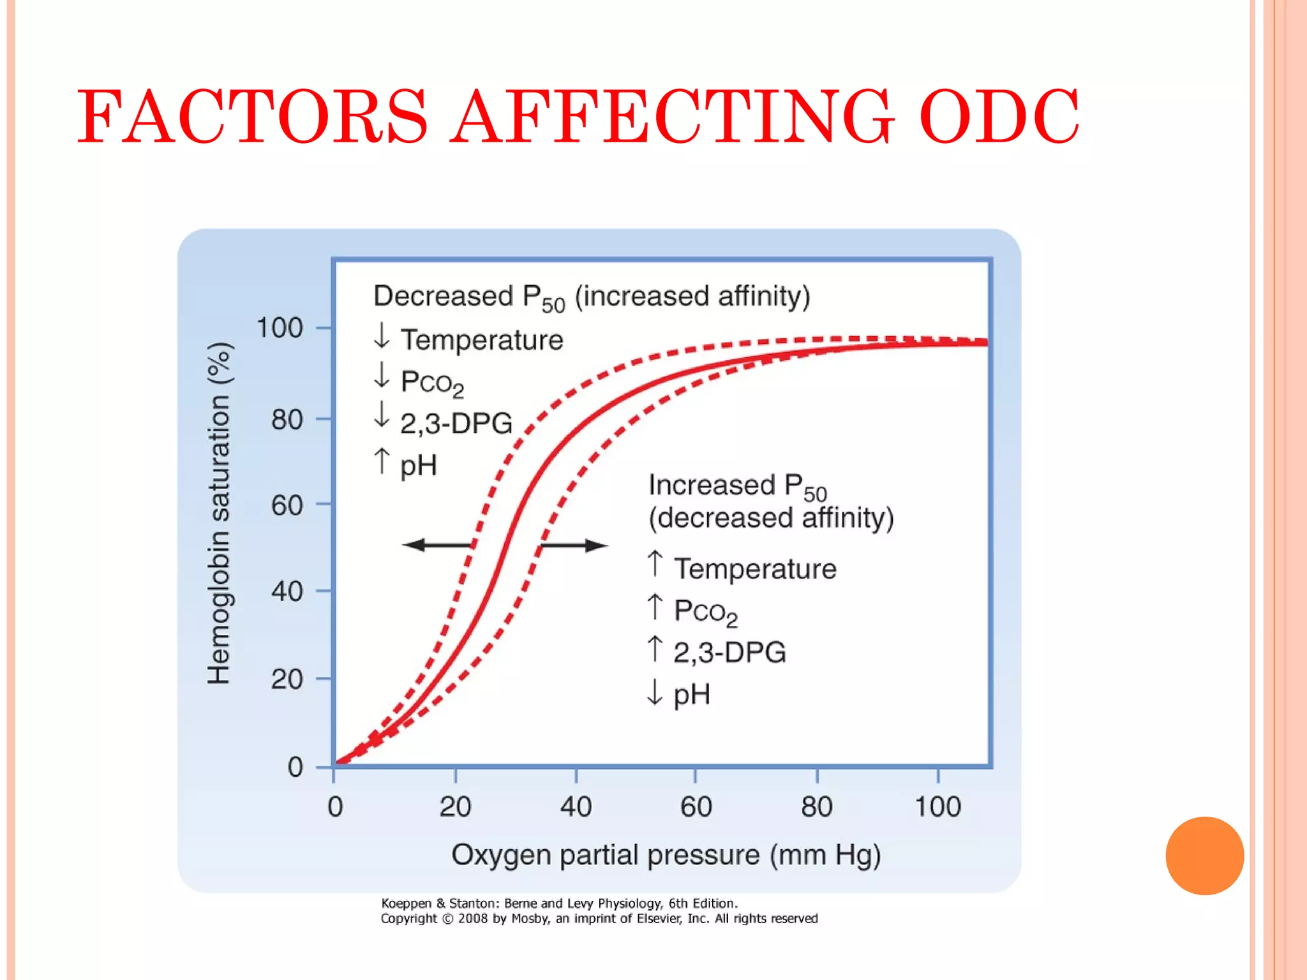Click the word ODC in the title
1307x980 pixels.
pyautogui.click(x=999, y=117)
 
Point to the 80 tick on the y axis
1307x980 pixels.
pyautogui.click(x=287, y=420)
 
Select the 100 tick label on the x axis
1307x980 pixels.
pyautogui.click(x=937, y=807)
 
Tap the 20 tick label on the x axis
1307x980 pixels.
pyautogui.click(x=455, y=807)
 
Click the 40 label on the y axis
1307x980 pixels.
pyautogui.click(x=287, y=591)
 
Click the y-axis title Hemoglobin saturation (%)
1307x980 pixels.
pyautogui.click(x=219, y=514)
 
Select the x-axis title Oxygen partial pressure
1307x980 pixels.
pyautogui.click(x=666, y=855)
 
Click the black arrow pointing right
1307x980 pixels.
pyautogui.click(x=574, y=545)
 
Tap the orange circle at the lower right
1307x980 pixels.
pyautogui.click(x=1204, y=856)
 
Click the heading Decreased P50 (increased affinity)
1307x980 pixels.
pyautogui.click(x=591, y=297)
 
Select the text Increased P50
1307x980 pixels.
pyautogui.click(x=737, y=486)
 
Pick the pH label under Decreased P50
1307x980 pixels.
pyautogui.click(x=418, y=465)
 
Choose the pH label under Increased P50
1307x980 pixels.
pyautogui.click(x=692, y=694)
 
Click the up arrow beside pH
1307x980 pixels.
pyautogui.click(x=382, y=461)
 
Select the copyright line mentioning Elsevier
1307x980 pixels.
pyautogui.click(x=599, y=919)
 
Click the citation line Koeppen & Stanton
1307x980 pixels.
pyautogui.click(x=559, y=903)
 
